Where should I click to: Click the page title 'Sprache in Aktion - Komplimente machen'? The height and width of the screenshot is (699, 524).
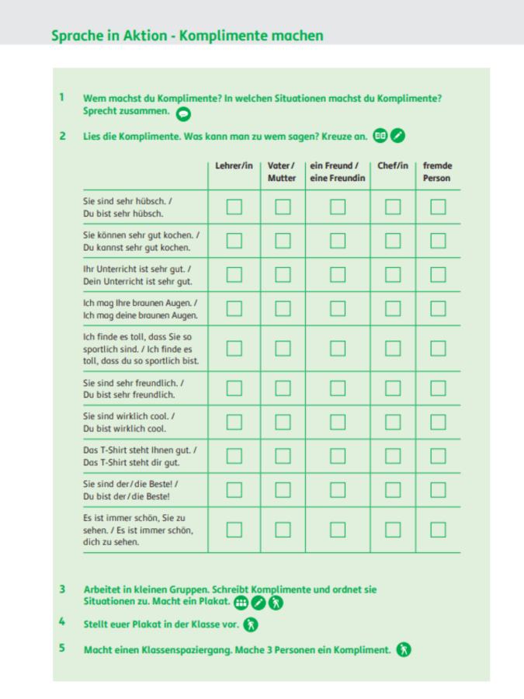186,36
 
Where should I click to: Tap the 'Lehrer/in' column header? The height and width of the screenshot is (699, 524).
234,165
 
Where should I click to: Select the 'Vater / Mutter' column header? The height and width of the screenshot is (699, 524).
282,172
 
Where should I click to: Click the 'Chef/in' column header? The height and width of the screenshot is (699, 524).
393,165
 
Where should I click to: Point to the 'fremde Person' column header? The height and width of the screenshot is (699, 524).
438,172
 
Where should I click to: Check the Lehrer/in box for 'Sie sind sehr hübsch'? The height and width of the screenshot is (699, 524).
234,207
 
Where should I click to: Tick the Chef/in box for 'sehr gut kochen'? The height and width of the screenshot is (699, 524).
393,241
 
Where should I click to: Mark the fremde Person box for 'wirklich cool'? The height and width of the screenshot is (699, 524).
438,422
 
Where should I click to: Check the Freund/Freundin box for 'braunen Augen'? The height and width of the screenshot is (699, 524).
337,308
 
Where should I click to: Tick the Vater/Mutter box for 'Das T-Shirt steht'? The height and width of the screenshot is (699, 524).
283,456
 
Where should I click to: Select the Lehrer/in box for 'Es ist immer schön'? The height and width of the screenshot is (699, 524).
234,530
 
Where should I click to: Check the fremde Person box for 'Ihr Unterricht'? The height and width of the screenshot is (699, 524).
438,274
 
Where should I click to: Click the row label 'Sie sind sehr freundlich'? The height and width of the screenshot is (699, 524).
134,388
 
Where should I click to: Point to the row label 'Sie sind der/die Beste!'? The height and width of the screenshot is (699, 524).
131,489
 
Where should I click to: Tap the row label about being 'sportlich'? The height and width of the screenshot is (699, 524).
141,349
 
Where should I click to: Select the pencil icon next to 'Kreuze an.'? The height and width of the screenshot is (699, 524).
398,136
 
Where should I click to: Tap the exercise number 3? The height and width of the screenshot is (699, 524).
61,589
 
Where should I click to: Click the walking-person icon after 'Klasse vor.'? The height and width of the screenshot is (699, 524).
250,624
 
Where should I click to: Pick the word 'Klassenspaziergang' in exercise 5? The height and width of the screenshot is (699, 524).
170,649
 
